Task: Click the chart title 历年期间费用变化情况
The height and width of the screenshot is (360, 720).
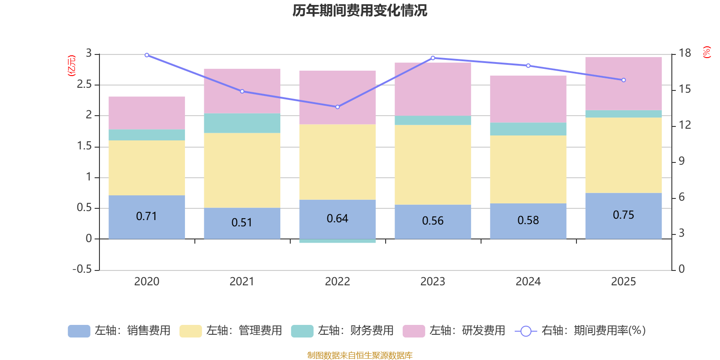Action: point(360,10)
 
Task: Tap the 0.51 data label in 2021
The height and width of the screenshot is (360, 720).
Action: point(242,222)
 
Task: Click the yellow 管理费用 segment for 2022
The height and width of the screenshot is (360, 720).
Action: point(337,162)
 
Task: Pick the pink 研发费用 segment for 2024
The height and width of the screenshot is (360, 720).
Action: point(528,99)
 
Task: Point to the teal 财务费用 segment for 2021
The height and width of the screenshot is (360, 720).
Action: point(242,123)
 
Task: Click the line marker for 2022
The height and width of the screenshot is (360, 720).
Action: point(337,107)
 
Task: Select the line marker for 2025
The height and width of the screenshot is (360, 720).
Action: point(623,80)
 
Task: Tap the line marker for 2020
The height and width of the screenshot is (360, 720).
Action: point(147,55)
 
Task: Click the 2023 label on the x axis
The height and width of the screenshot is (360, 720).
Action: point(432,282)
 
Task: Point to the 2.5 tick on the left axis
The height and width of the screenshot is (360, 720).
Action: point(84,85)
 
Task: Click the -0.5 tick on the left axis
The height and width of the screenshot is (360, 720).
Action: point(82,269)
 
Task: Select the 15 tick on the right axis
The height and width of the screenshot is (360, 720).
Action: point(684,89)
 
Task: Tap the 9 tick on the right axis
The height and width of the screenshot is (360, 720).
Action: point(681,161)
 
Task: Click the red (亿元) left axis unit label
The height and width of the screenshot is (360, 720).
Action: point(72,66)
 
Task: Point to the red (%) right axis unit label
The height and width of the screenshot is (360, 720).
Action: point(706,52)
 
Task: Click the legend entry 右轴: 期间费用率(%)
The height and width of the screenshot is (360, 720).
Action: point(580,331)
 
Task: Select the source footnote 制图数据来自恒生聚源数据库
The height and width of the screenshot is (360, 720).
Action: point(360,355)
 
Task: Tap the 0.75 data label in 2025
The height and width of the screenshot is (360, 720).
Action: point(623,215)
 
